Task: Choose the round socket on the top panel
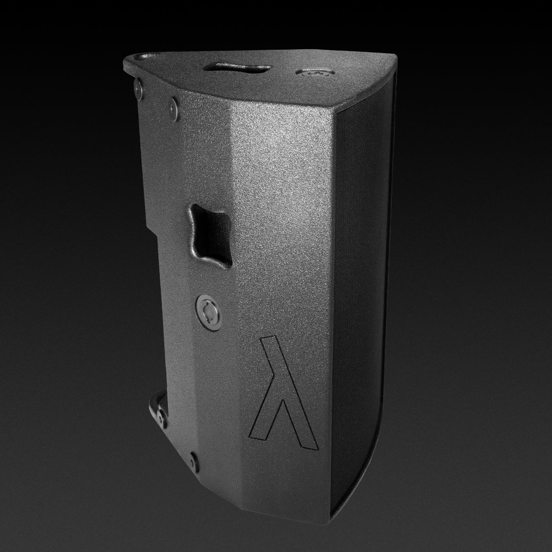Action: (x=309, y=73)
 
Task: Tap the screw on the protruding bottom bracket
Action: (x=162, y=417)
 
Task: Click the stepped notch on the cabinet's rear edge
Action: (x=151, y=223)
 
